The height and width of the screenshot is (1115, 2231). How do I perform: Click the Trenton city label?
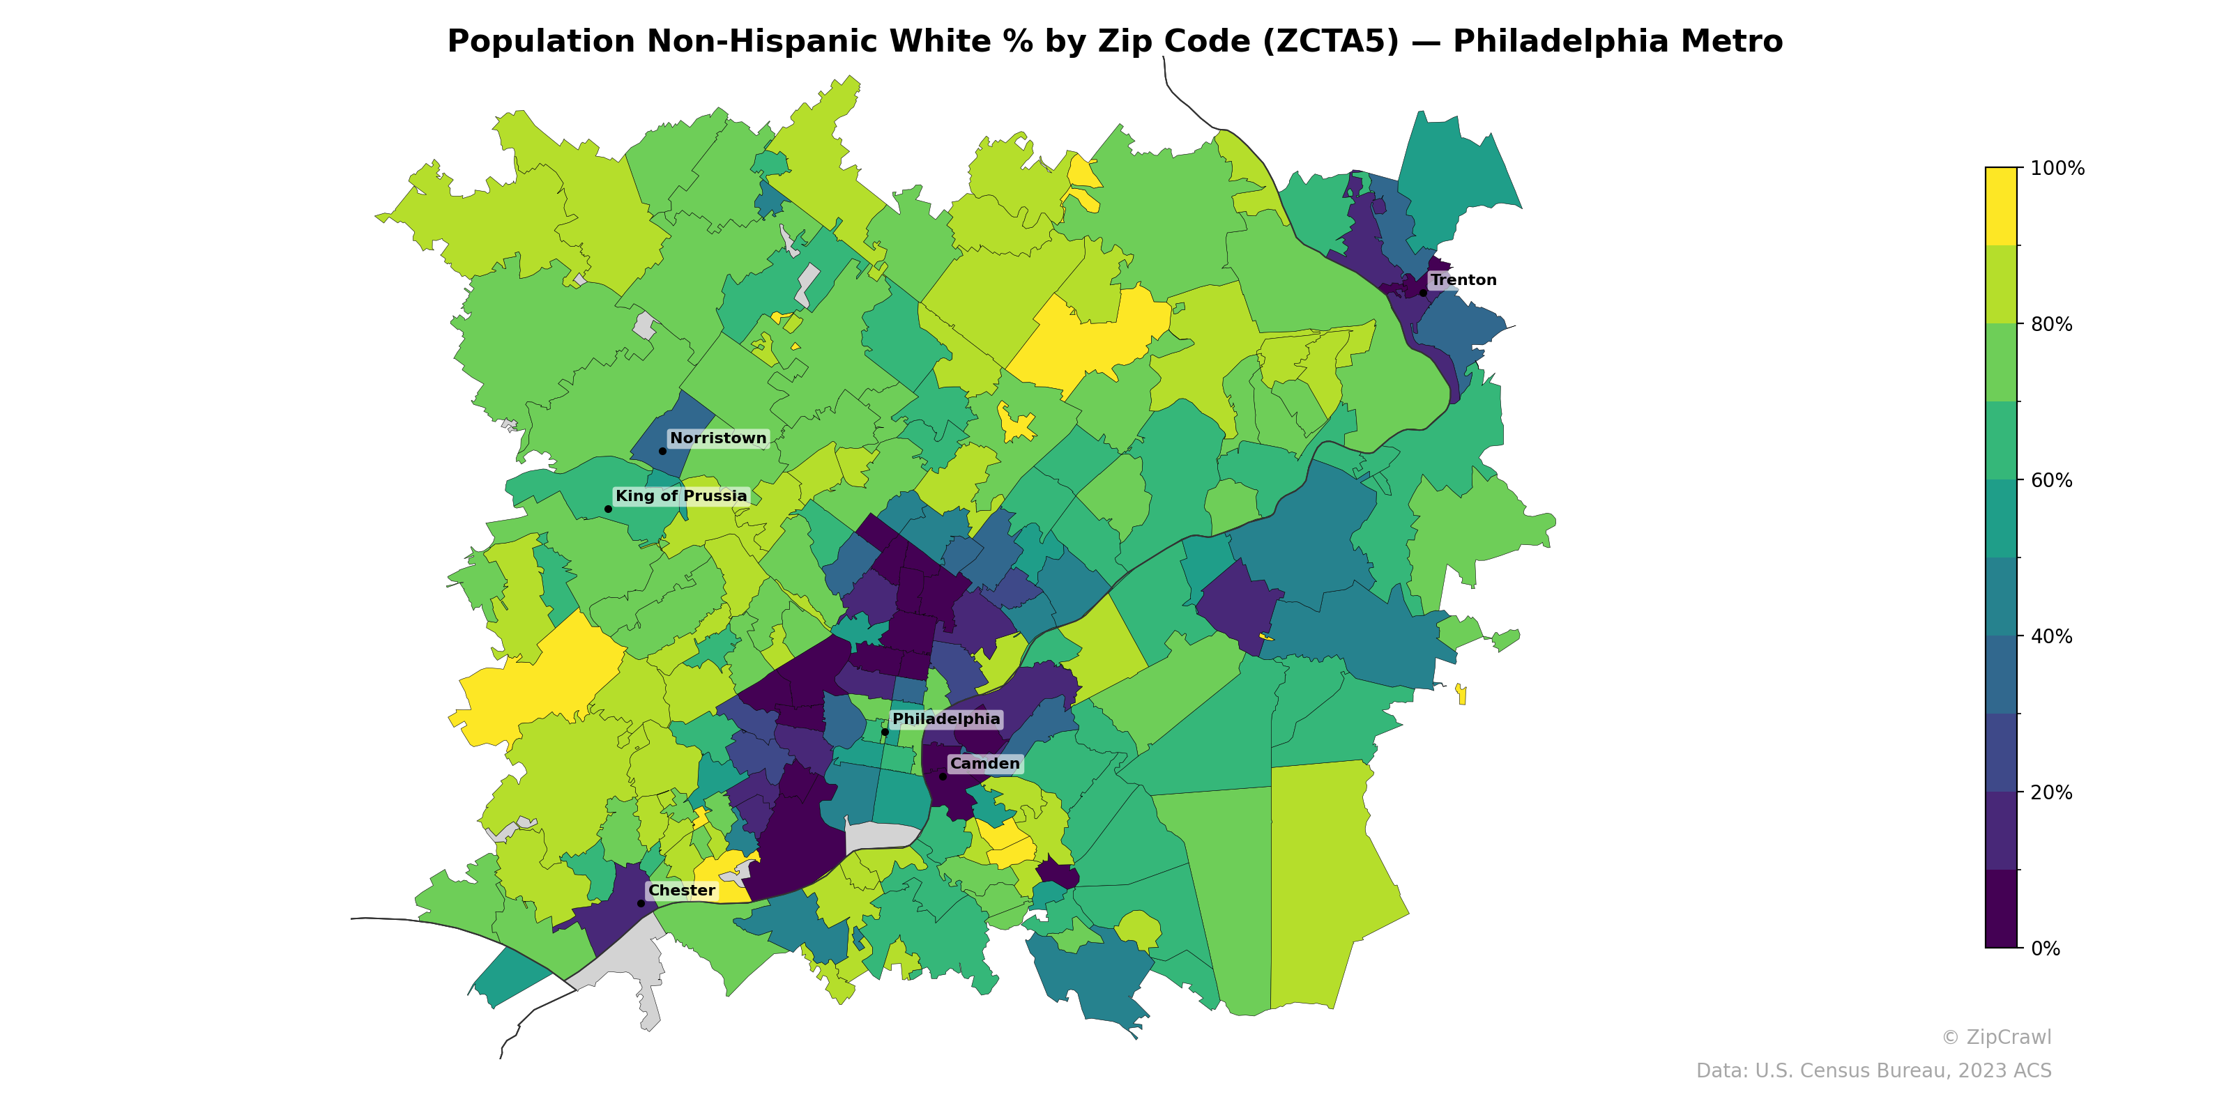pyautogui.click(x=1463, y=279)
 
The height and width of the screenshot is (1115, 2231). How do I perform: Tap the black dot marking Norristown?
pyautogui.click(x=662, y=451)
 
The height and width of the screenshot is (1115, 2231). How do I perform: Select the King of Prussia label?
pyautogui.click(x=680, y=496)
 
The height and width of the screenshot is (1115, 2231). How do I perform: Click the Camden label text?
pyautogui.click(x=984, y=764)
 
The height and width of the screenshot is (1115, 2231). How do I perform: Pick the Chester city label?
pyautogui.click(x=682, y=890)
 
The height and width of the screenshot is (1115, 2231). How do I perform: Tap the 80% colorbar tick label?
pyautogui.click(x=2051, y=325)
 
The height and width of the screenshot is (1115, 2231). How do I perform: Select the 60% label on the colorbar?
pyautogui.click(x=2051, y=480)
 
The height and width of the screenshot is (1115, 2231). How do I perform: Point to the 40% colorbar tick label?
pyautogui.click(x=2051, y=636)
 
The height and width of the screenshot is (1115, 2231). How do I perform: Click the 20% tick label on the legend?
pyautogui.click(x=2051, y=792)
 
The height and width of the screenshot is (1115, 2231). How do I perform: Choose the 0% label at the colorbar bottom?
pyautogui.click(x=2045, y=948)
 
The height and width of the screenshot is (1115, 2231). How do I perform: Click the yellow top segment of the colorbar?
pyautogui.click(x=2001, y=206)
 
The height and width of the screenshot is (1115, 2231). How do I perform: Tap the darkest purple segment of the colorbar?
pyautogui.click(x=2001, y=909)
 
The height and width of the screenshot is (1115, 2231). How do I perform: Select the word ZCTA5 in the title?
pyautogui.click(x=1330, y=42)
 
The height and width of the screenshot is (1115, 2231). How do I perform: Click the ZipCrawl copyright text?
pyautogui.click(x=1995, y=1037)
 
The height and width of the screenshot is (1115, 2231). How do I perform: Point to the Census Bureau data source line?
pyautogui.click(x=1873, y=1071)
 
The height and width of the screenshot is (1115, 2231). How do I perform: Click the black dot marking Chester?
pyautogui.click(x=641, y=903)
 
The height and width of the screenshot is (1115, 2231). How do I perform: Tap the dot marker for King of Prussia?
pyautogui.click(x=608, y=509)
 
